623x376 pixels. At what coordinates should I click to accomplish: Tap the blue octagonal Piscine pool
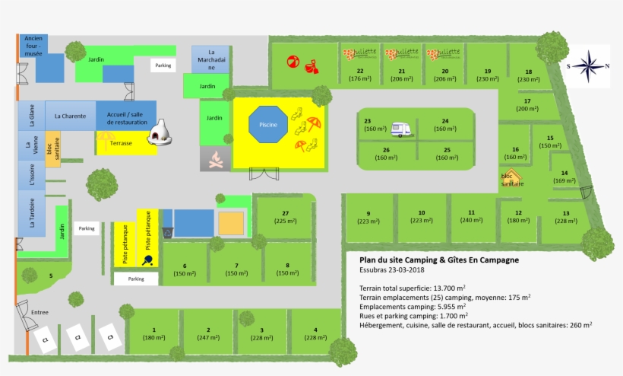(x=268, y=124)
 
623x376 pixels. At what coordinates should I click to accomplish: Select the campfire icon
(x=217, y=160)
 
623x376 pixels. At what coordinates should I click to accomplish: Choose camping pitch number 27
(x=286, y=217)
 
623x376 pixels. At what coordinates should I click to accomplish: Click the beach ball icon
(x=293, y=61)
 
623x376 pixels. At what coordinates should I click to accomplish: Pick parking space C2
(x=75, y=335)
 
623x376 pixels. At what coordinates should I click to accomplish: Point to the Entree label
(x=40, y=312)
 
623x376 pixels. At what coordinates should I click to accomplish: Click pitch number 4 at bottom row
(x=311, y=333)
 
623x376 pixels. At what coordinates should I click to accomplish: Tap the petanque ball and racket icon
(x=147, y=259)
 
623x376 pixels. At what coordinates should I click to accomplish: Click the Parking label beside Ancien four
(x=163, y=66)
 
